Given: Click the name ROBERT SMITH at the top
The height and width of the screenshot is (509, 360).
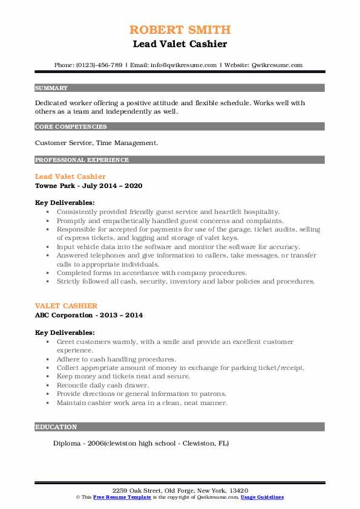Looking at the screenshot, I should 180,30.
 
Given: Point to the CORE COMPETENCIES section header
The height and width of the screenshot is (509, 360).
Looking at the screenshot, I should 71,127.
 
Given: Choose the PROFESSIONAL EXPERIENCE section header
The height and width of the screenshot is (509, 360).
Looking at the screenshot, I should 82,160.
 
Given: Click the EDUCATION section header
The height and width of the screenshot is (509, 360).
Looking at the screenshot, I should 56,427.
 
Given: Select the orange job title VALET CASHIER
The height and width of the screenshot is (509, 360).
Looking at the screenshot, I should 66,306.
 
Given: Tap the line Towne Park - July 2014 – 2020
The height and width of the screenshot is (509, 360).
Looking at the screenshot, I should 89,186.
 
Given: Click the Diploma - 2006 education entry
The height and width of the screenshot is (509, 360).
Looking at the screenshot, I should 141,443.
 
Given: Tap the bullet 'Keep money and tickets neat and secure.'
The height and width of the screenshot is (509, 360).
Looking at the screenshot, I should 123,376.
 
